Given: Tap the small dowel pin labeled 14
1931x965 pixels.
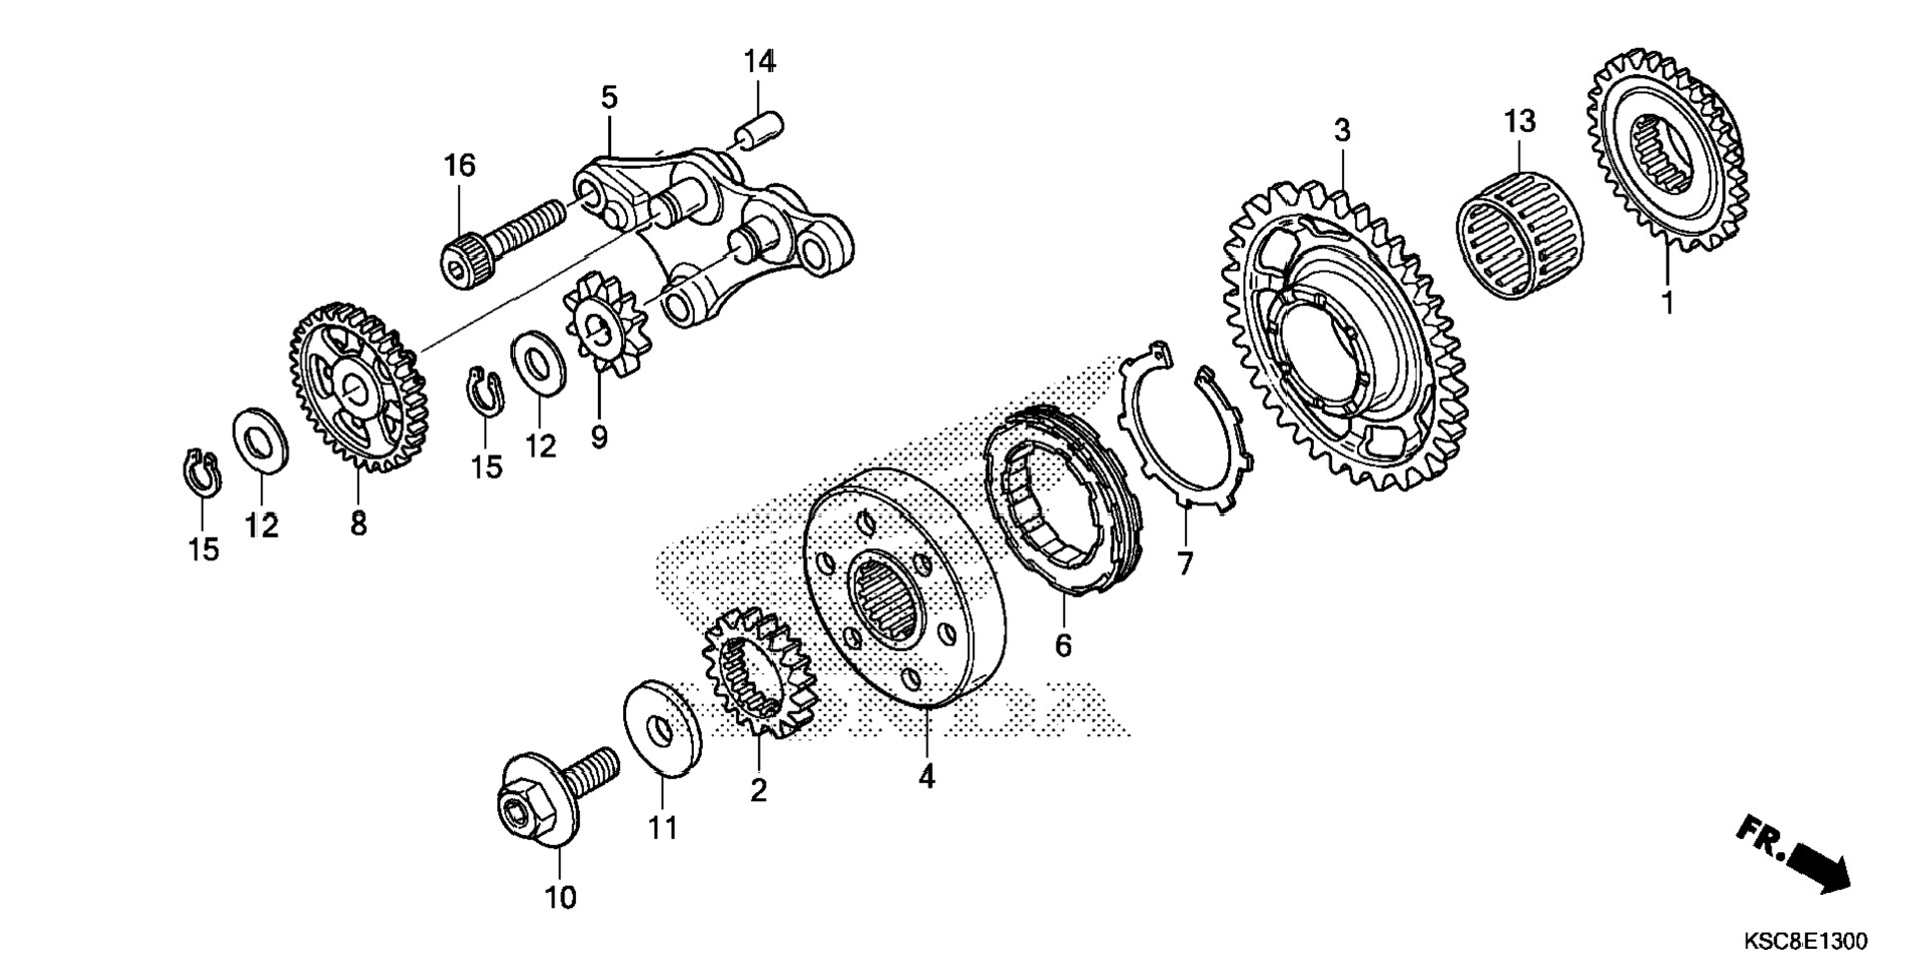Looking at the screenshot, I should click(760, 129).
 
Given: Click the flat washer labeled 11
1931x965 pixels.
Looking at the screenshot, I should click(661, 727).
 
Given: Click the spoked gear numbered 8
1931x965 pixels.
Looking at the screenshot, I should click(357, 387).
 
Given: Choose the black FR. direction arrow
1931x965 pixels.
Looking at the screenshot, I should click(1819, 866).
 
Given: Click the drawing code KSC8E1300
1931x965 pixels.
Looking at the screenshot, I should click(1804, 941).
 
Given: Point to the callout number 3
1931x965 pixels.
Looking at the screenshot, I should click(1342, 131).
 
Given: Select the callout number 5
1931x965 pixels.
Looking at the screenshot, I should click(609, 98).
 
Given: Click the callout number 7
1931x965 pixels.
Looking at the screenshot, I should click(1185, 565).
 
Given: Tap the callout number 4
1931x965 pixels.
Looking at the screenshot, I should click(927, 776).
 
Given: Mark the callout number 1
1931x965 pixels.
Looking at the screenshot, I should click(1666, 301).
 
